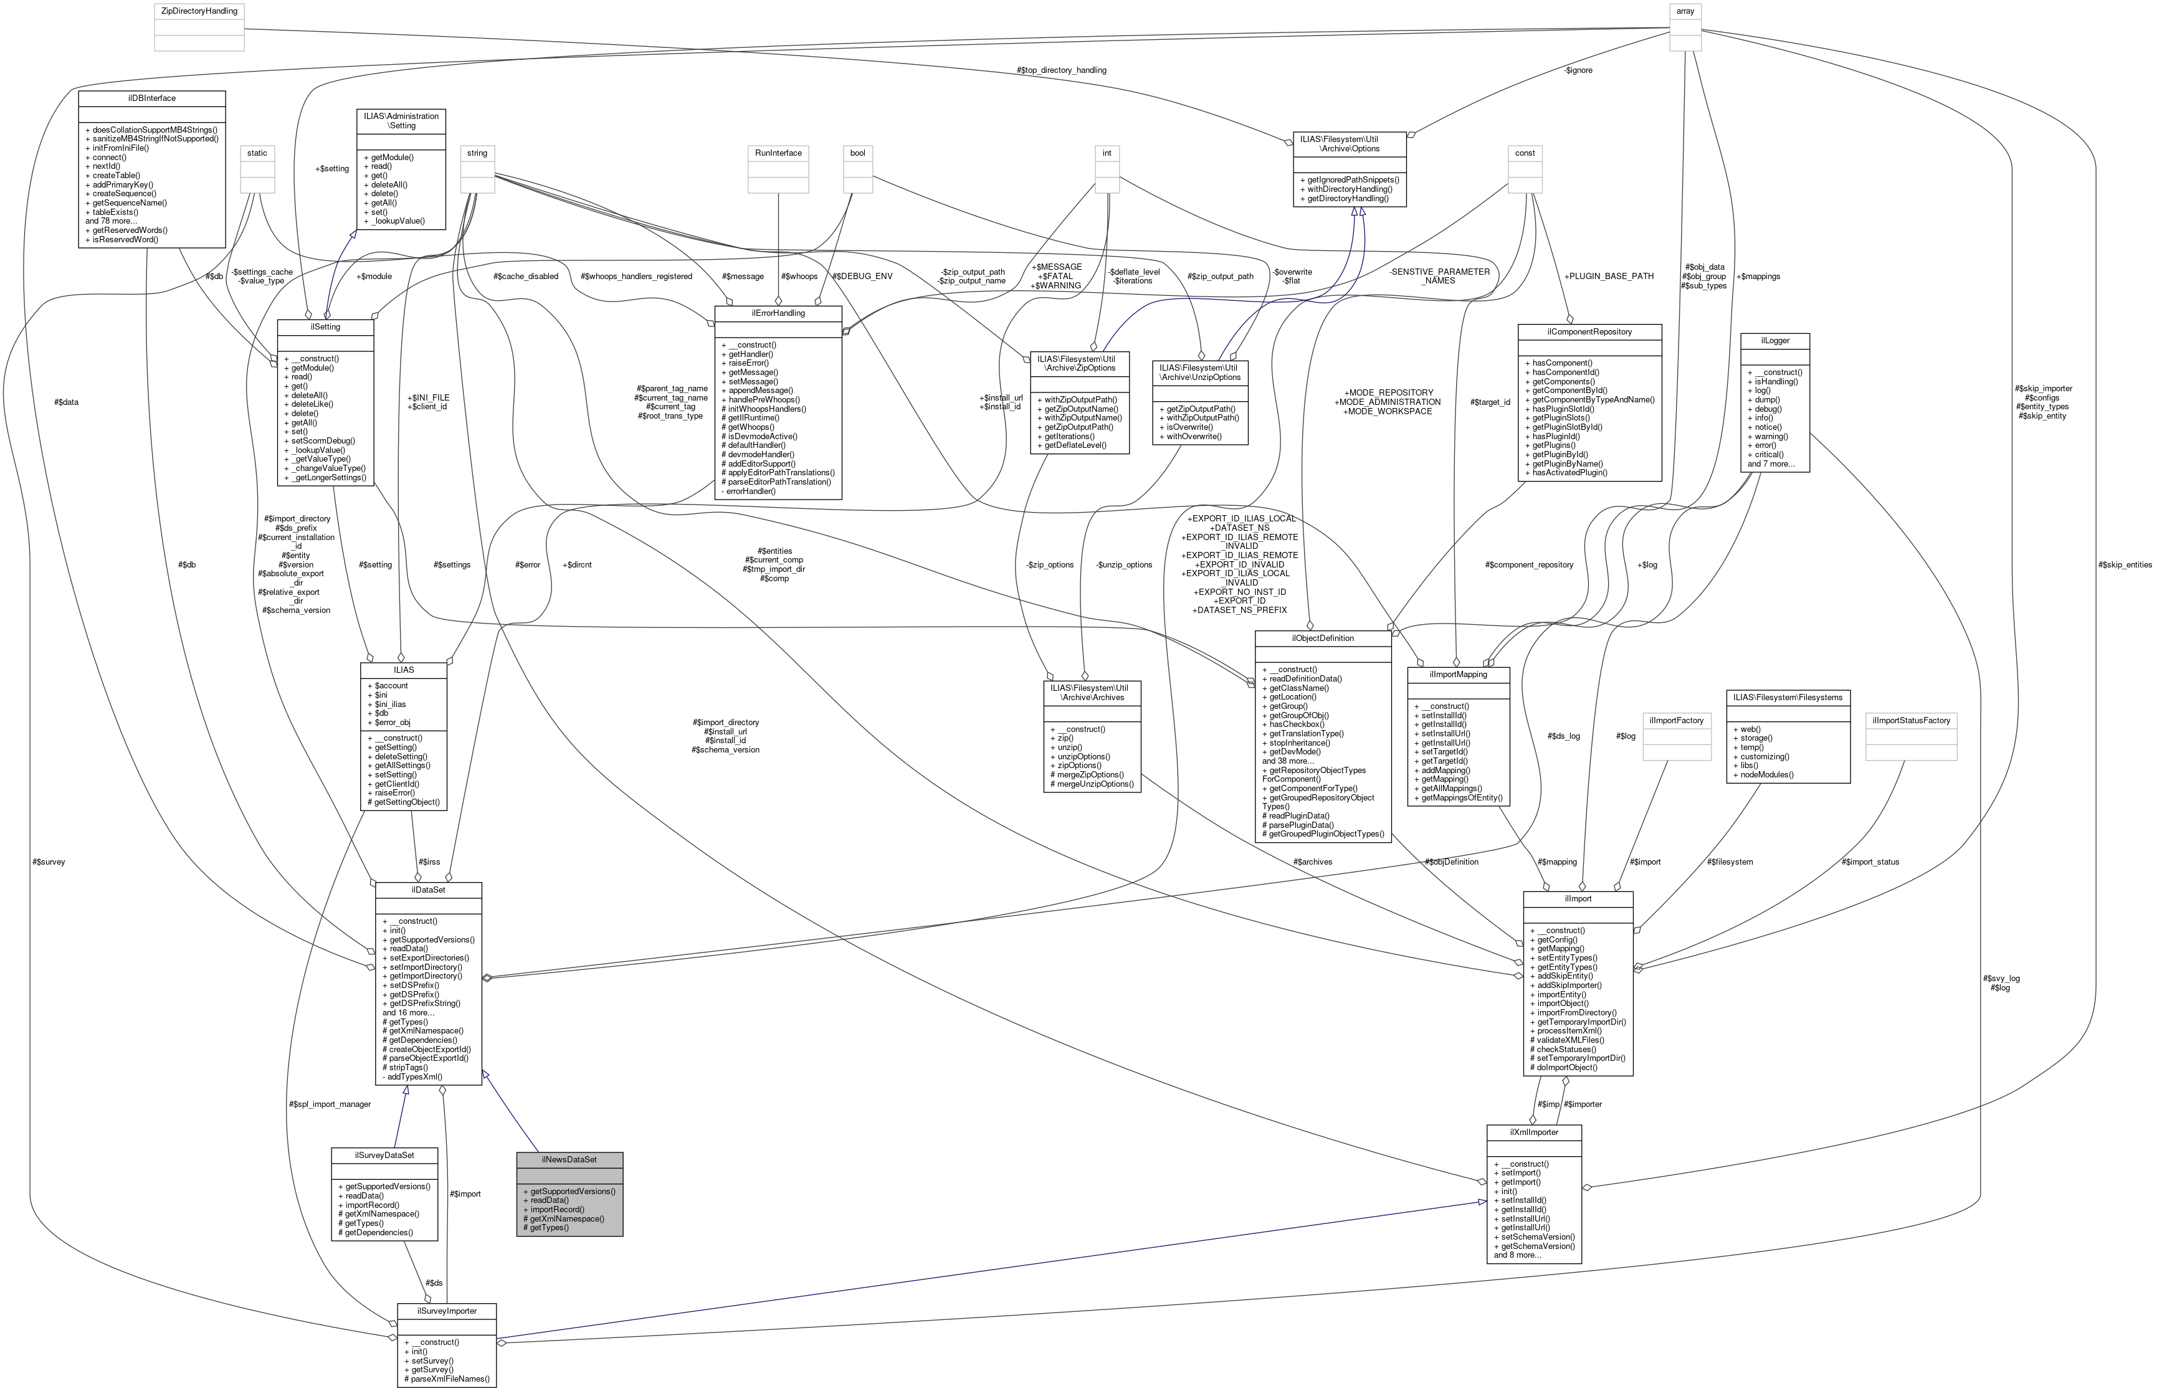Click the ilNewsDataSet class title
click(x=568, y=1159)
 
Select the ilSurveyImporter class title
click(x=446, y=1309)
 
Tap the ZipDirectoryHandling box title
click(x=199, y=11)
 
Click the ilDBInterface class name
click(x=152, y=98)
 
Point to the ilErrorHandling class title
click(x=778, y=313)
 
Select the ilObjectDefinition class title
click(x=1322, y=638)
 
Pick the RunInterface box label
click(x=779, y=153)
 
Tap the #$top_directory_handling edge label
click(x=1060, y=70)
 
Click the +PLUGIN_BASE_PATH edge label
click(x=1608, y=275)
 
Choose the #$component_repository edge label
click(x=1528, y=564)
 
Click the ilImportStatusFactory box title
click(x=1912, y=720)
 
